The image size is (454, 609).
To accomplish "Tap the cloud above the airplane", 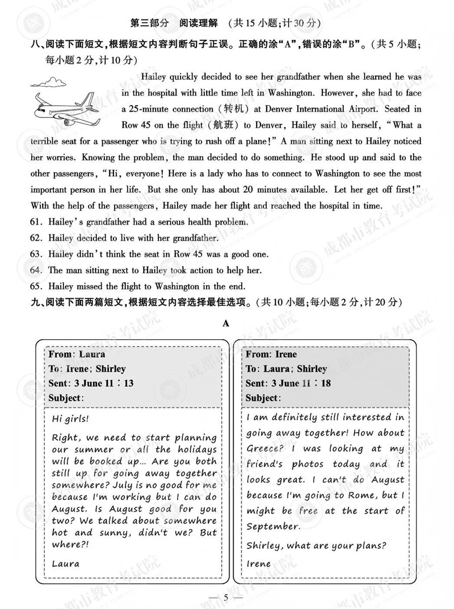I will pos(48,83).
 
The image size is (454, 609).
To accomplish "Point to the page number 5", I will pos(226,597).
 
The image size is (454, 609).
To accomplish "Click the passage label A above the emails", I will pos(226,323).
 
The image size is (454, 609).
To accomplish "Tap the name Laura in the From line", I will pos(92,354).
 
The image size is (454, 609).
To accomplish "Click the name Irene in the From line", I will pos(286,354).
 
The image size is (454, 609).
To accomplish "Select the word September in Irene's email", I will pos(274,526).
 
